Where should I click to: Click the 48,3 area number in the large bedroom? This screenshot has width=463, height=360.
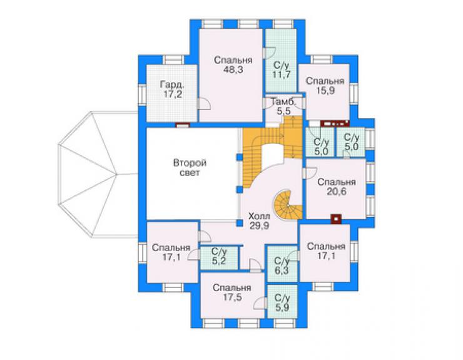233,69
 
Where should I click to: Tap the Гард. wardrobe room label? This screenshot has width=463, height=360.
173,85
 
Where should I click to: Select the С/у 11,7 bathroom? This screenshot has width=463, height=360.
281,61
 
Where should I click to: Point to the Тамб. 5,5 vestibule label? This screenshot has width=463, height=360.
283,106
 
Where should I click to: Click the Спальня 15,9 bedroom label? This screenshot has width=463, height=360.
325,86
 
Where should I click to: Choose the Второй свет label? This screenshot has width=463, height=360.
190,168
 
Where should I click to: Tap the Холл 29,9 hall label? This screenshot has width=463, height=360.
259,221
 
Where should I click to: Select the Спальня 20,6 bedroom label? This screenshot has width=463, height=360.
337,187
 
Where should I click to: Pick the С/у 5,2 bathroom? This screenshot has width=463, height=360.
219,258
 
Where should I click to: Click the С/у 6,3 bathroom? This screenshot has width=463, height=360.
282,264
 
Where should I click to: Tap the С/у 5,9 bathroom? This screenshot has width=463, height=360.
282,301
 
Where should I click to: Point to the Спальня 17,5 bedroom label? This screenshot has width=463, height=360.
232,292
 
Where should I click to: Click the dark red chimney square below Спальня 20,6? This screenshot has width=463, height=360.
336,219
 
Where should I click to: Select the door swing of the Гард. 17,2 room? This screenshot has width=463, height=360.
204,104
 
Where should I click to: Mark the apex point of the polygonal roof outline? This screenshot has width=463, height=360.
117,175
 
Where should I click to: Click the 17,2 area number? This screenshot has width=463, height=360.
173,95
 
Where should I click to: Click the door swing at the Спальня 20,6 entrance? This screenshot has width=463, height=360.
310,173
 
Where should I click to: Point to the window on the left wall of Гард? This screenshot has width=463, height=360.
142,95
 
